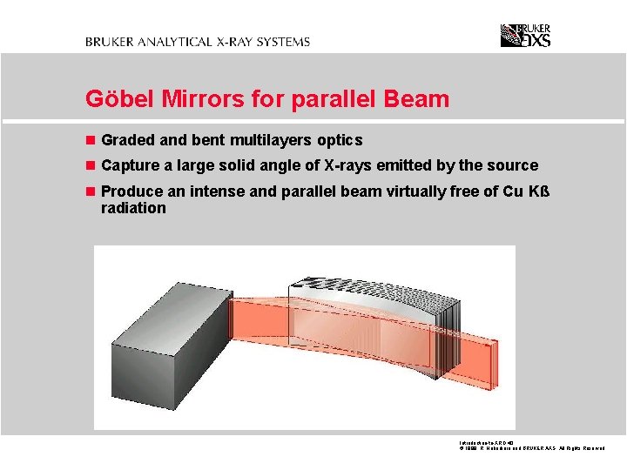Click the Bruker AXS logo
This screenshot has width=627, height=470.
click(525, 35)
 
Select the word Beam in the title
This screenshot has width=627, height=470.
click(419, 99)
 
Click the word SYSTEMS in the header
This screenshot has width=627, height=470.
click(283, 41)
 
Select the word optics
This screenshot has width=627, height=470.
click(340, 140)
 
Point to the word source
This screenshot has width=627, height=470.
click(513, 165)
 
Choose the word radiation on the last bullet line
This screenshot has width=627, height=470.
click(133, 208)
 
